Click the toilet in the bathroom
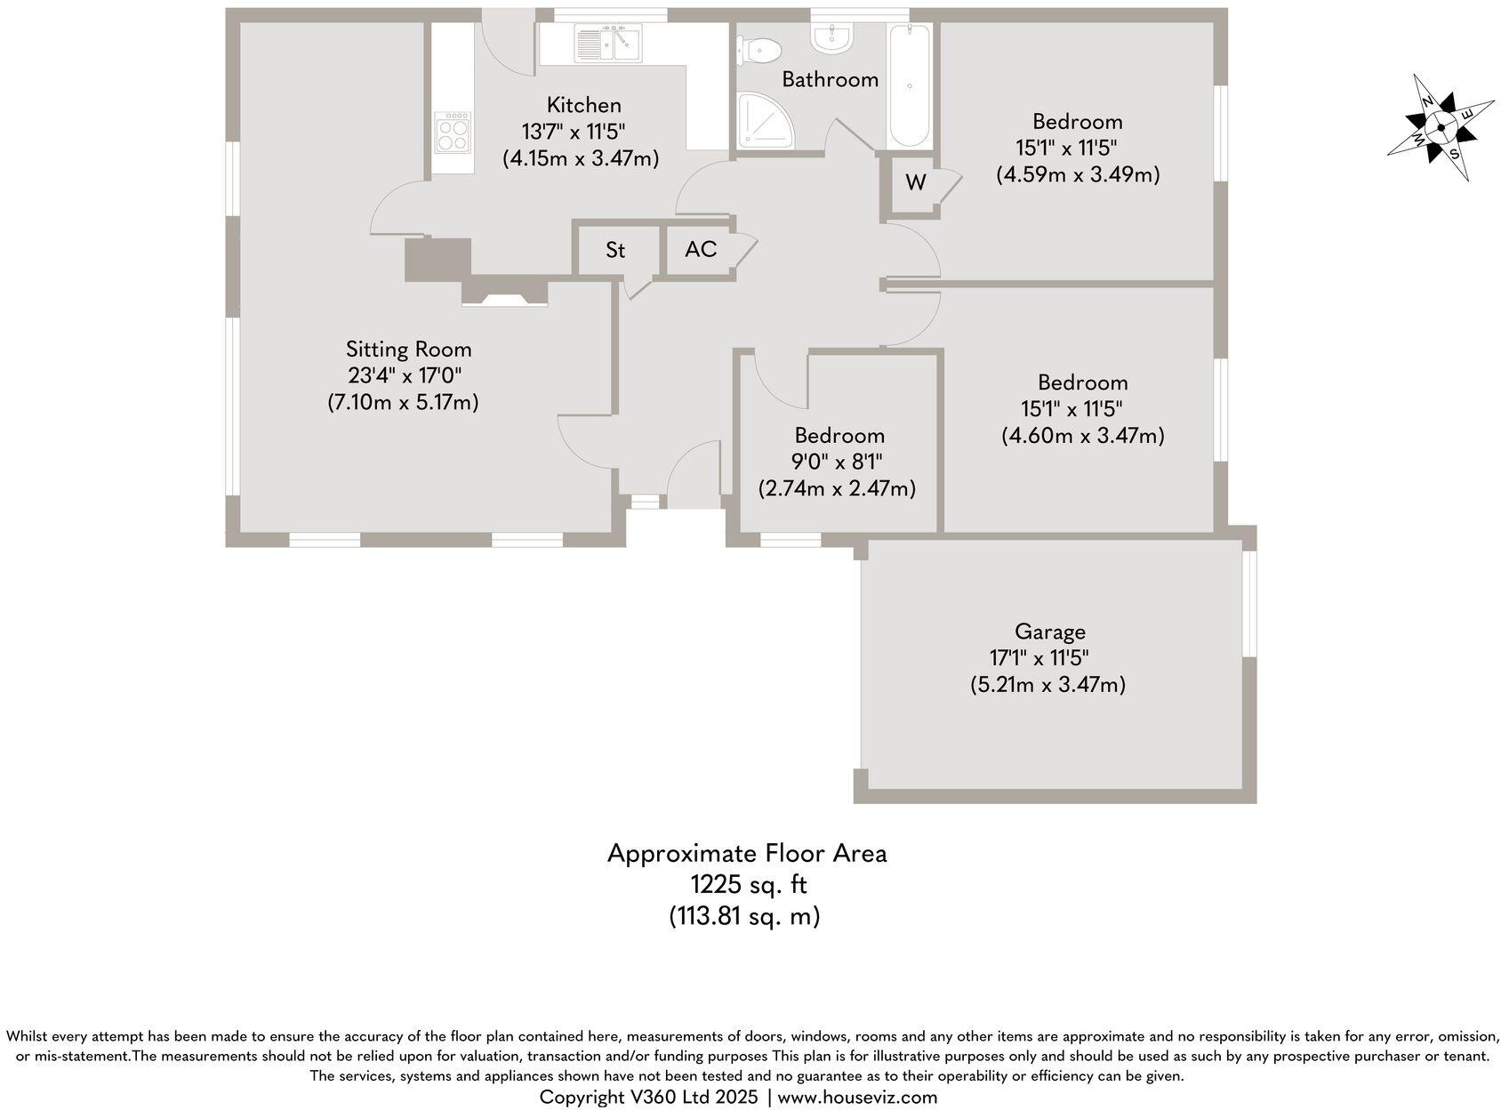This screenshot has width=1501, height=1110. pos(759,50)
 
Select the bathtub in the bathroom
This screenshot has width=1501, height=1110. pos(910,85)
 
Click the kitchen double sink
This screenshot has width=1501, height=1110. pos(609,44)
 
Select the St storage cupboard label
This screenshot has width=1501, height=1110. pos(615,251)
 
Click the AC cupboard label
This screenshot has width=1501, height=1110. pos(701,249)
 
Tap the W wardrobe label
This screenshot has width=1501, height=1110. pos(916,183)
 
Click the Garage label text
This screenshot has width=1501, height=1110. pos(1050,632)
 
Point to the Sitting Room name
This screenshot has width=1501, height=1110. pos(408,350)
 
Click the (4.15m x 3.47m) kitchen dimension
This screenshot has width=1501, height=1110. pos(581,159)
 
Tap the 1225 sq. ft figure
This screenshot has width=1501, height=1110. pos(749,885)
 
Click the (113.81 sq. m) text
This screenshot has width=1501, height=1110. pos(744,916)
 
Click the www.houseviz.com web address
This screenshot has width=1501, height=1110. pos(857,1098)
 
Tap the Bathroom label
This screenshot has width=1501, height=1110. pos(830,79)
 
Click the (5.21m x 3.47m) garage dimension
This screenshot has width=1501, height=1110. pos(1047,685)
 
